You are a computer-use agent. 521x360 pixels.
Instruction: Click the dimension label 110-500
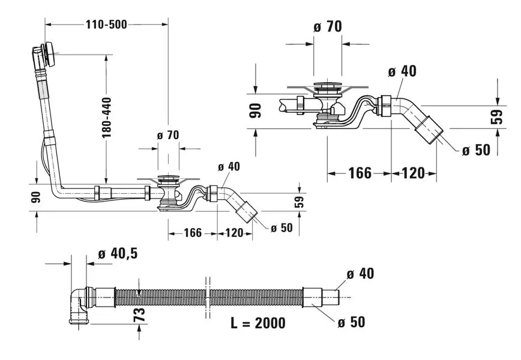[x=107, y=25]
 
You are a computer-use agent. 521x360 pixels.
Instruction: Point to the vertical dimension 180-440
[x=107, y=118]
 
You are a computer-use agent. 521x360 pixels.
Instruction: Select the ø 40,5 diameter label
[x=117, y=254]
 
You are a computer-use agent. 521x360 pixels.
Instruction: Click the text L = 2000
[x=258, y=323]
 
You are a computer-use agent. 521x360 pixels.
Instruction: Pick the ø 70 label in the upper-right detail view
[x=328, y=26]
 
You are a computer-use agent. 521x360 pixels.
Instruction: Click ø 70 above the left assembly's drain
[x=168, y=135]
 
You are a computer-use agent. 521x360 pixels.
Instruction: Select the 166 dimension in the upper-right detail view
[x=360, y=173]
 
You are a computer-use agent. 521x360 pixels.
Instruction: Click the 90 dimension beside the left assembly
[x=36, y=197]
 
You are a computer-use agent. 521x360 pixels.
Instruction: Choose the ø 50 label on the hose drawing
[x=351, y=322]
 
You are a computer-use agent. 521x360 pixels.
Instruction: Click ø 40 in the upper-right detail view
[x=402, y=71]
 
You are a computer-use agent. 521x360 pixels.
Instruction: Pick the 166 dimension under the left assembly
[x=192, y=232]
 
